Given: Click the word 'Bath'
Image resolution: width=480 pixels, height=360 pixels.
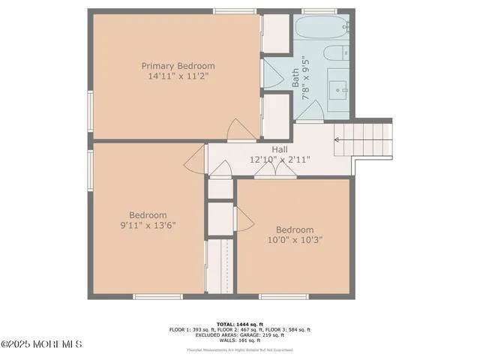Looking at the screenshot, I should [295, 75].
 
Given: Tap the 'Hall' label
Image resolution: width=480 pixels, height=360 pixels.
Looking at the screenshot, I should [280, 149].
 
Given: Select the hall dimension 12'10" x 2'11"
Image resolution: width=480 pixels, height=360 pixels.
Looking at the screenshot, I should [280, 160].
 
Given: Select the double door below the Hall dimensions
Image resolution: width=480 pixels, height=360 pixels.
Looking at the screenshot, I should [274, 172].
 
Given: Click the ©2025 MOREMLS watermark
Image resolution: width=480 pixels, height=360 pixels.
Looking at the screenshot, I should [41, 344].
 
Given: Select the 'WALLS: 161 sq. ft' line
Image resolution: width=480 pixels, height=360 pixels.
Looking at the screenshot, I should [239, 339].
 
